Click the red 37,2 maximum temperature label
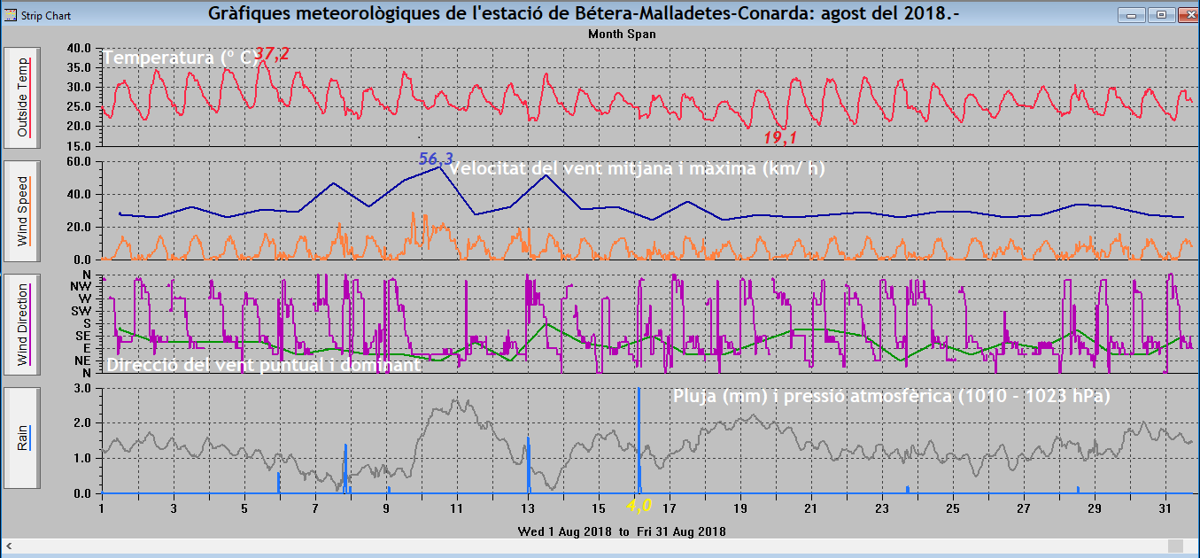(x=272, y=55)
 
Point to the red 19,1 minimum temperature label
(x=781, y=138)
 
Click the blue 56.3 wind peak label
(x=436, y=159)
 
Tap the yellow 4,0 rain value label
(x=639, y=506)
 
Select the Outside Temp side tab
(x=22, y=97)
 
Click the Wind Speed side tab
(x=22, y=210)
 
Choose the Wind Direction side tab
(x=22, y=324)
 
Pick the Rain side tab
(x=22, y=438)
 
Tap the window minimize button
(x=1131, y=14)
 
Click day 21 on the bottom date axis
(x=810, y=508)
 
